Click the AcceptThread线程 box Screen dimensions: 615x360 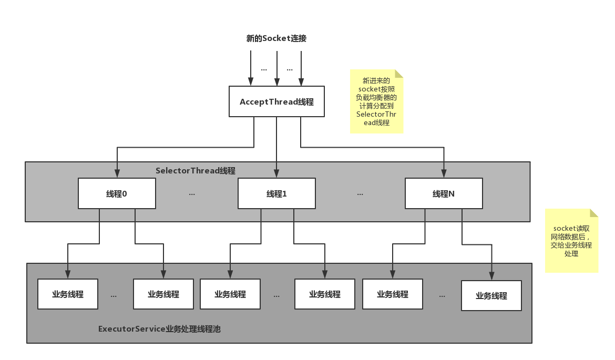tap(276, 101)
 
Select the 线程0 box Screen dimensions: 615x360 tap(117, 193)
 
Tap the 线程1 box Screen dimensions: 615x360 tap(276, 193)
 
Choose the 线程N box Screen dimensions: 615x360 tap(444, 193)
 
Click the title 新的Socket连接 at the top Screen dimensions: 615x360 tap(276, 38)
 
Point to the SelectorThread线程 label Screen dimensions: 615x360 tap(196, 171)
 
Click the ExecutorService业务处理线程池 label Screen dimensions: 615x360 tap(159, 328)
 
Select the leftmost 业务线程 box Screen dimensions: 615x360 tap(68, 294)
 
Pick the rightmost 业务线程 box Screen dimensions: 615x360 tap(491, 296)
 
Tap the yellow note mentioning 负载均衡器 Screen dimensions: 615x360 tap(376, 101)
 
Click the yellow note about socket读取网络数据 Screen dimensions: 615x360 tap(571, 241)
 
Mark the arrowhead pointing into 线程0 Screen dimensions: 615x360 tap(117, 173)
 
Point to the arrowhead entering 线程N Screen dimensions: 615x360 tap(444, 173)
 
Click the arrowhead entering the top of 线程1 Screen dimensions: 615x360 tap(276, 173)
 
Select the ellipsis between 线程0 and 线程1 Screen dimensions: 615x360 tap(192, 194)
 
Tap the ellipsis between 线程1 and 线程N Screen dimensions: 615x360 tap(360, 194)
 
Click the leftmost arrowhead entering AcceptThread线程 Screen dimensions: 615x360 tap(251, 81)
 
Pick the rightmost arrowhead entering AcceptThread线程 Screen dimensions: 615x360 tap(301, 81)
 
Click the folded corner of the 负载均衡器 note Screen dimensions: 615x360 tap(399, 74)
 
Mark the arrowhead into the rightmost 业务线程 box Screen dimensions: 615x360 tap(491, 276)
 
